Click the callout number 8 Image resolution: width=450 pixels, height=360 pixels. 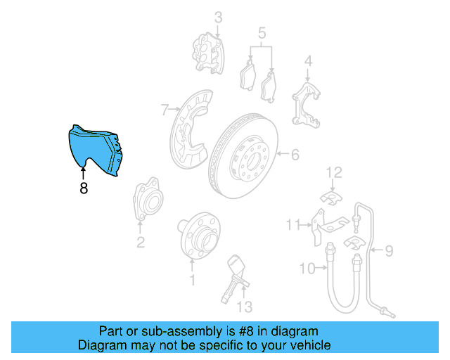pyautogui.click(x=83, y=188)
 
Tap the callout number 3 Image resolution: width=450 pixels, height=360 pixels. pyautogui.click(x=218, y=17)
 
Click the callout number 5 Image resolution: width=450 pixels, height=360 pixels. pyautogui.click(x=262, y=32)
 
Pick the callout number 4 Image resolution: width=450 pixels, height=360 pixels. pyautogui.click(x=307, y=63)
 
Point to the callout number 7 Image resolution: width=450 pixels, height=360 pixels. pyautogui.click(x=164, y=110)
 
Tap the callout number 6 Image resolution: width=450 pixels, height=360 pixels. pyautogui.click(x=295, y=154)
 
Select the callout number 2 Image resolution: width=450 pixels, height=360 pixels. pyautogui.click(x=141, y=243)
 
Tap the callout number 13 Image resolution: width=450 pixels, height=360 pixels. pyautogui.click(x=244, y=306)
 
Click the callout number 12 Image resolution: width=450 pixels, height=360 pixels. pyautogui.click(x=333, y=172)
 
